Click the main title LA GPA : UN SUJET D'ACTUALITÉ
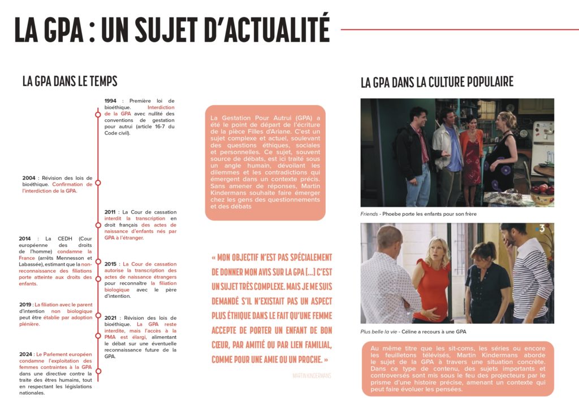pos(172,29)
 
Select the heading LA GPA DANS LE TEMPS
pos(70,81)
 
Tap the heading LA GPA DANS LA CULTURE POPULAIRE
pos(437,82)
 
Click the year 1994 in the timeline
pos(111,101)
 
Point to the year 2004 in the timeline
pos(29,178)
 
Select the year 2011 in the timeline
pos(111,212)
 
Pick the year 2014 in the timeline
pos(25,238)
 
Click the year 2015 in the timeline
pos(111,264)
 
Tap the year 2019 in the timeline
pos(25,304)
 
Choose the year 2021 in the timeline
pos(111,317)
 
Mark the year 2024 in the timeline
pos(25,354)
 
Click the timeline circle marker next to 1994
pos(98,114)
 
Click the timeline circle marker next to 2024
pos(98,371)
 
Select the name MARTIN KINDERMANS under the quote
pos(312,375)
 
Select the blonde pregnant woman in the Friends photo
pos(500,153)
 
